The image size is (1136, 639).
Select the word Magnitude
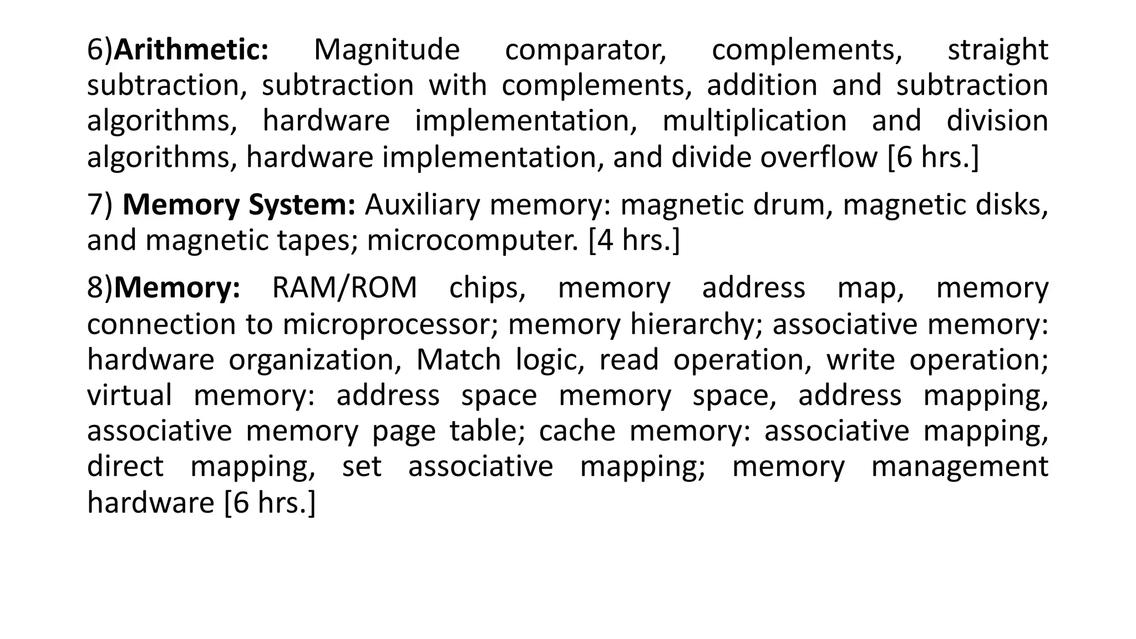pos(387,50)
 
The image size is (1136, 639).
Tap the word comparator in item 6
pos(586,50)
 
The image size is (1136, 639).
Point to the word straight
pos(997,50)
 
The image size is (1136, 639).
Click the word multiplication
pos(754,121)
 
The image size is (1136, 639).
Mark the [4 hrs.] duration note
pos(634,241)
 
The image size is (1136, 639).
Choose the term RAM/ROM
pos(344,288)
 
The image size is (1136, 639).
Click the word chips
pos(487,288)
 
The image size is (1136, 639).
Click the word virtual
pos(129,395)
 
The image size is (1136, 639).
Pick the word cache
pos(577,431)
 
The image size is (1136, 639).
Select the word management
pos(960,466)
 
